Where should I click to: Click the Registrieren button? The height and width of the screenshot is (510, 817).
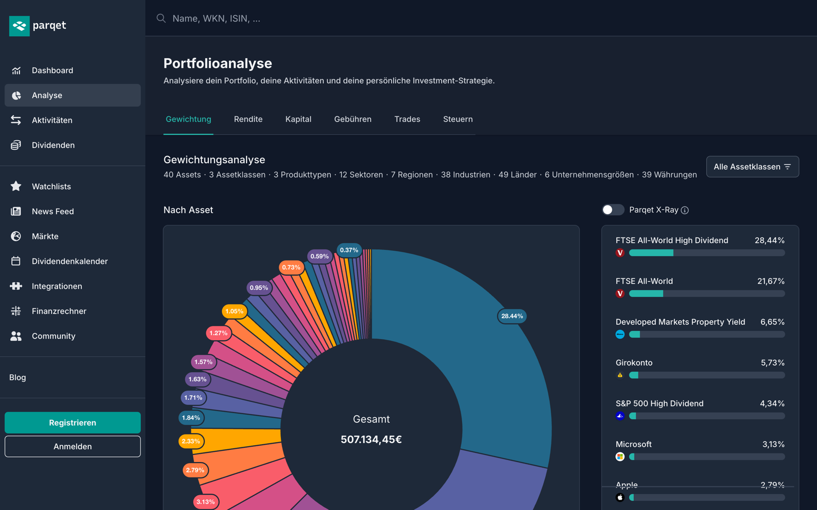[x=73, y=423]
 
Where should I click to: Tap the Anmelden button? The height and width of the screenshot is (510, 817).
[x=73, y=446]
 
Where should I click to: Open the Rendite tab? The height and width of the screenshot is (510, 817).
[x=248, y=119]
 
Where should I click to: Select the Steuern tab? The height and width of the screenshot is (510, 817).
[x=458, y=119]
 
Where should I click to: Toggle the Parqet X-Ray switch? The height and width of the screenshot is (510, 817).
[x=613, y=210]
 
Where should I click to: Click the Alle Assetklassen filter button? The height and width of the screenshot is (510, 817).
[x=753, y=167]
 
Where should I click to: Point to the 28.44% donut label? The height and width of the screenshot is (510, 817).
[x=512, y=316]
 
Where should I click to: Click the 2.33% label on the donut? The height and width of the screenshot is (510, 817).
[x=191, y=441]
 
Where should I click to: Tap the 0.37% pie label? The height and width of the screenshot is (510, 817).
[x=349, y=250]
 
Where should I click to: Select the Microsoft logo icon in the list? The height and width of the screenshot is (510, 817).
[x=620, y=456]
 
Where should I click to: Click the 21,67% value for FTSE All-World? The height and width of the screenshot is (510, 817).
[x=771, y=281]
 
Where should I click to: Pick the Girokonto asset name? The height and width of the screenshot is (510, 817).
[x=634, y=363]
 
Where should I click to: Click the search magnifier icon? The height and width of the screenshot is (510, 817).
[x=161, y=18]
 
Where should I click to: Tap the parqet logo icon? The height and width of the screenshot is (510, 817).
[x=19, y=26]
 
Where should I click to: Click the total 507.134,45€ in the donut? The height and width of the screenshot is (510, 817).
[x=371, y=439]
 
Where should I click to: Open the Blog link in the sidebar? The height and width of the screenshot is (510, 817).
[x=17, y=377]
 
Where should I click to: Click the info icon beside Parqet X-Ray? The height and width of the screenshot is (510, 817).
[x=685, y=210]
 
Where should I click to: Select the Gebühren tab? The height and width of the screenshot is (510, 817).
[x=353, y=119]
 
